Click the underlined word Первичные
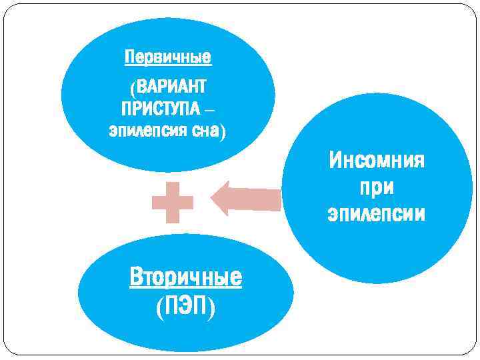pyautogui.click(x=168, y=58)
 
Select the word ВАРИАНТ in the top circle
pyautogui.click(x=172, y=87)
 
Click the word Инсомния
pyautogui.click(x=377, y=161)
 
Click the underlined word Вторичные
pyautogui.click(x=186, y=277)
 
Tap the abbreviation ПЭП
pyautogui.click(x=186, y=306)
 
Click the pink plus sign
pyautogui.click(x=173, y=201)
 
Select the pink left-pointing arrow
pyautogui.click(x=245, y=199)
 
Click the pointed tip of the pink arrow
pyautogui.click(x=213, y=199)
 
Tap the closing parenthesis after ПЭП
pyautogui.click(x=211, y=307)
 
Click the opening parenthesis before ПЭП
pyautogui.click(x=159, y=307)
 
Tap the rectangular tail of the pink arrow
pyautogui.click(x=257, y=199)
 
